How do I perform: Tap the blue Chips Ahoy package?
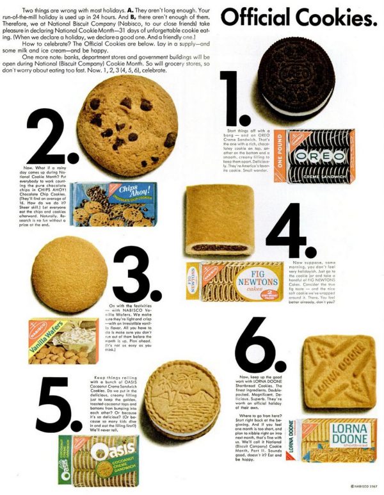coord(113,204)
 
